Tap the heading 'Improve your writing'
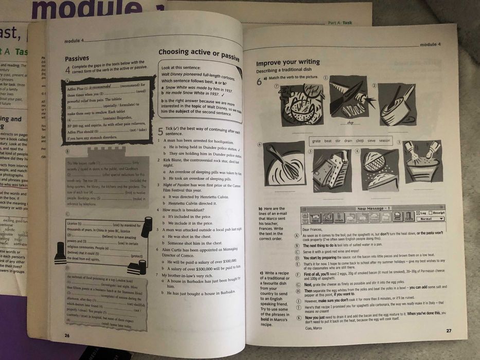[288, 63]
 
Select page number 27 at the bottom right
[449, 331]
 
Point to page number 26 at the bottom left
[67, 335]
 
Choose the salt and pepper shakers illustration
[423, 161]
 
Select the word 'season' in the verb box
[384, 141]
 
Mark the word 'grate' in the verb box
[316, 141]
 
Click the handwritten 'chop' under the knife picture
[350, 122]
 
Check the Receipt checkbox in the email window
[436, 212]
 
